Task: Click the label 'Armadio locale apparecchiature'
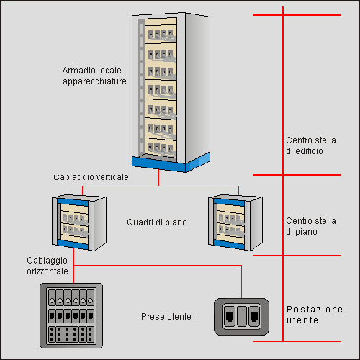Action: (x=94, y=76)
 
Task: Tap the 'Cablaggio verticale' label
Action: (x=91, y=177)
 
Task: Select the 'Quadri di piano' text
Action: (x=157, y=222)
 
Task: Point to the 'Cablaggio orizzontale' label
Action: (x=48, y=266)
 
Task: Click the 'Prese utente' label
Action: (x=166, y=317)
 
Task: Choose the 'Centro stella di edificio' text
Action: (x=311, y=145)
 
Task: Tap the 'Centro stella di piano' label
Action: (x=311, y=226)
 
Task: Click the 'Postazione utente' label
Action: (x=315, y=315)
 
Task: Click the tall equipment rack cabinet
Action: (x=171, y=92)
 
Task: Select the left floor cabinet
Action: (x=79, y=223)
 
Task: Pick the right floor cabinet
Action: (x=235, y=223)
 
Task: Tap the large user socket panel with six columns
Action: (x=71, y=315)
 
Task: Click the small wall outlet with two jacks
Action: (x=241, y=317)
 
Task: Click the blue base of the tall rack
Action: (x=171, y=162)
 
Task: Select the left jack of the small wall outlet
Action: (x=230, y=317)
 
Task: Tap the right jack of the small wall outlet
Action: (x=254, y=317)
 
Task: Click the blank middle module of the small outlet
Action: (x=242, y=317)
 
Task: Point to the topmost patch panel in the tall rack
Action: (x=161, y=33)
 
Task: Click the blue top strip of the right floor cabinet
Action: (x=229, y=202)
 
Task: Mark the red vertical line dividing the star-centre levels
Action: (x=283, y=174)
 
